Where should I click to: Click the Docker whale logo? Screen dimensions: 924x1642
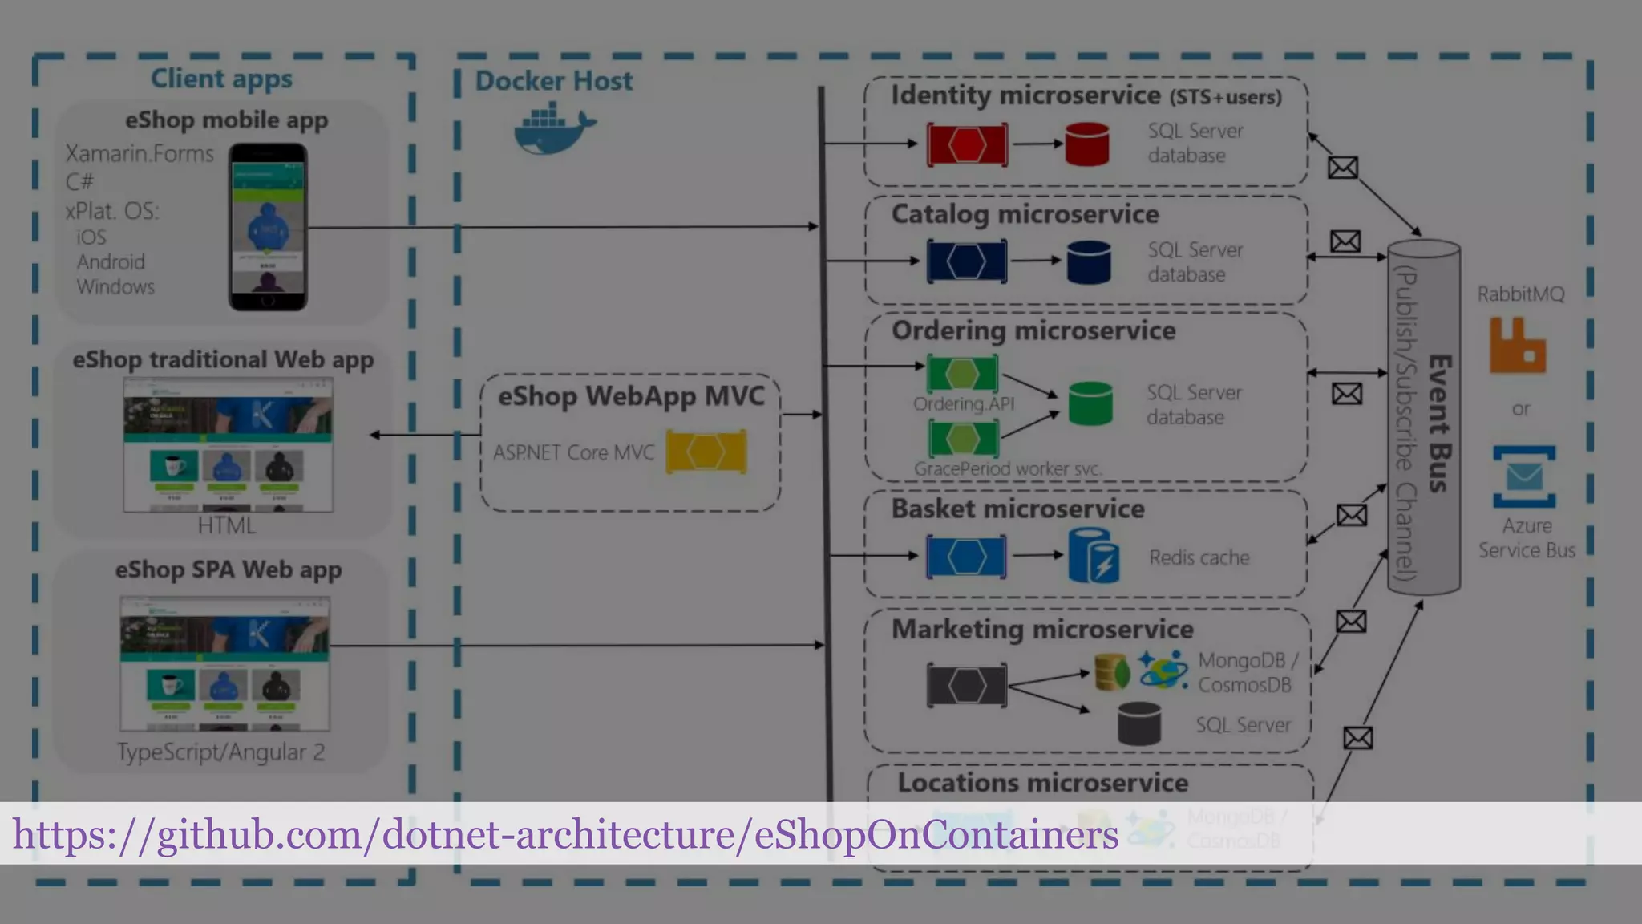[x=553, y=128]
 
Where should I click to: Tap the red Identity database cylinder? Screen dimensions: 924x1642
[x=1087, y=144]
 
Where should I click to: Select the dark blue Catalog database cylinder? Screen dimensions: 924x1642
[x=1089, y=262]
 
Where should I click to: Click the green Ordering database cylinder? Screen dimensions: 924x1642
[x=1090, y=403]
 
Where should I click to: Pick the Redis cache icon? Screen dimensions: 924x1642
[x=1094, y=555]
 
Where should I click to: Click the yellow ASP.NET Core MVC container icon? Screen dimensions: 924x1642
[x=706, y=452]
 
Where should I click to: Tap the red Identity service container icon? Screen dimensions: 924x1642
[x=967, y=144]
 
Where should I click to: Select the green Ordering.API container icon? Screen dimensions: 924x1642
[x=962, y=373]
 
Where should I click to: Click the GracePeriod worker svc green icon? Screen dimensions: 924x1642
[x=963, y=438]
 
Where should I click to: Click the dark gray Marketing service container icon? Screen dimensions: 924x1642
[x=967, y=685]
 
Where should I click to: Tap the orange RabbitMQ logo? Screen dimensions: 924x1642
[x=1517, y=346]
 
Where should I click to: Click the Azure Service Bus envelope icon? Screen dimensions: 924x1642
[x=1524, y=477]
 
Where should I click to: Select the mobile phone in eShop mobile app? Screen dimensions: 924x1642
[x=268, y=227]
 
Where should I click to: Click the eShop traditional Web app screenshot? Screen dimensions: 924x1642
[x=228, y=444]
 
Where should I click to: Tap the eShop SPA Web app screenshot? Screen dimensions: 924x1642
[x=224, y=663]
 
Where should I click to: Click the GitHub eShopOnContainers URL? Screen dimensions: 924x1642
[x=565, y=834]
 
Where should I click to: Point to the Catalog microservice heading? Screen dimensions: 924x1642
[x=1025, y=214]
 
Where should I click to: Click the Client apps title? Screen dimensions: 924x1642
[x=221, y=79]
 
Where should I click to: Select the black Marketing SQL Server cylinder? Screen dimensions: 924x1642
[x=1138, y=723]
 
